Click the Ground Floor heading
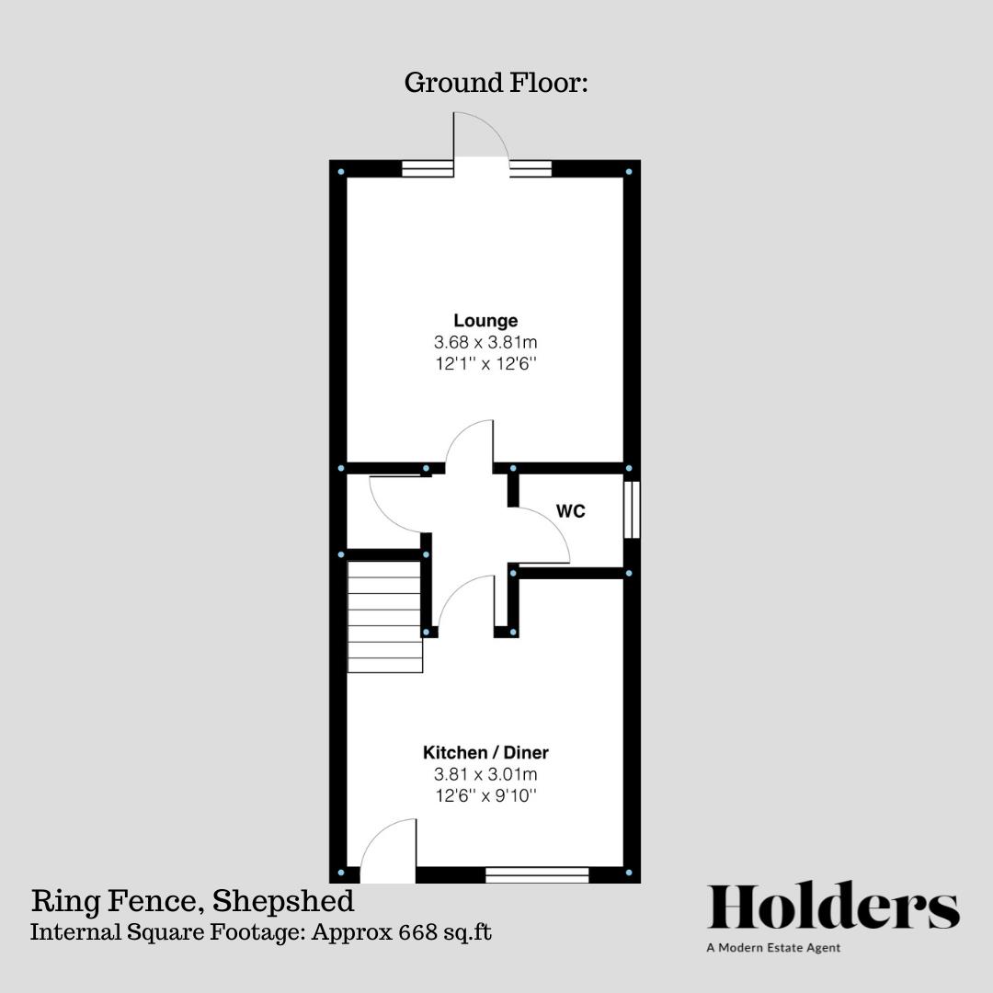coord(496,83)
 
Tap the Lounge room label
coord(485,321)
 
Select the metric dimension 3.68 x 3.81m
coord(485,342)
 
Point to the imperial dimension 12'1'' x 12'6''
coord(485,364)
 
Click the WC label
coord(571,512)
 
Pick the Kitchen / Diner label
coord(485,752)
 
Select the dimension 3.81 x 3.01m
coord(485,774)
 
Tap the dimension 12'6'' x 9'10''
coord(485,796)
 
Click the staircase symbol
coord(384,618)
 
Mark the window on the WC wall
coord(632,510)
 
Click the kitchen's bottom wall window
coord(537,874)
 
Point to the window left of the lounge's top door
coord(428,169)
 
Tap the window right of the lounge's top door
coord(531,169)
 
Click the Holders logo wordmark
coord(833,907)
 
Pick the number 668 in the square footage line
coord(418,931)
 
